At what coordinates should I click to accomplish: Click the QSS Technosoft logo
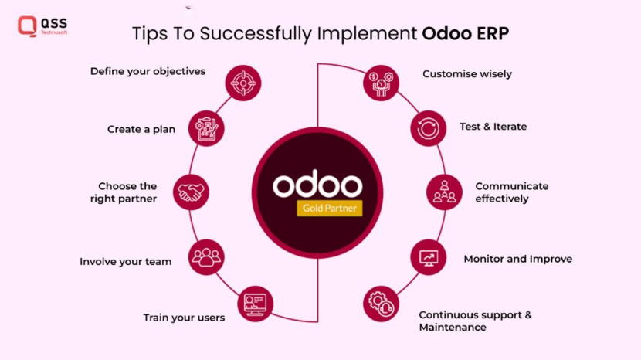[x=42, y=25]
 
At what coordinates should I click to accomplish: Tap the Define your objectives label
[x=148, y=71]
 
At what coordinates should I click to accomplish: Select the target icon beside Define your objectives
[x=242, y=82]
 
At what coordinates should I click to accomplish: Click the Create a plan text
[x=141, y=129]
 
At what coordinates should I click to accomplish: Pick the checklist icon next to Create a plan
[x=206, y=128]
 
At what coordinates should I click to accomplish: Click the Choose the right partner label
[x=127, y=192]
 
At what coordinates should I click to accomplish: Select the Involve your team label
[x=125, y=261]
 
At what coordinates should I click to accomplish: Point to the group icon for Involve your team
[x=206, y=257]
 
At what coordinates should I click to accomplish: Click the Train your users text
[x=184, y=318]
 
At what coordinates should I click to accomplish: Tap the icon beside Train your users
[x=256, y=304]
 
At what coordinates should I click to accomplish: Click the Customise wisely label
[x=467, y=74]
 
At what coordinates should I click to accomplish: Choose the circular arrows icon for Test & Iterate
[x=428, y=128]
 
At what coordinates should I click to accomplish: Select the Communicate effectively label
[x=511, y=192]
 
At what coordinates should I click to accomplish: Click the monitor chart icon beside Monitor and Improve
[x=428, y=257]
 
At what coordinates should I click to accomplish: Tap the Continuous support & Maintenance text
[x=475, y=321]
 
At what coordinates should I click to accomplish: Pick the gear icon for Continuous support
[x=381, y=304]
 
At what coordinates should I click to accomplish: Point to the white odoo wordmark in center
[x=317, y=185]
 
